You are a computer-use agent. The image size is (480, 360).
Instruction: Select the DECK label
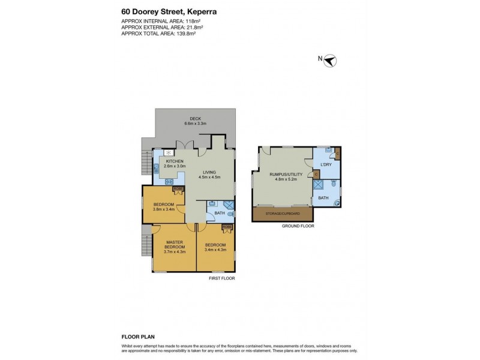point(195,118)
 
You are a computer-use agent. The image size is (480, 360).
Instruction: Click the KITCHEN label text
point(175,161)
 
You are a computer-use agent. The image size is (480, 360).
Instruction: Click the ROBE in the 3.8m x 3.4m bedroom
point(178,190)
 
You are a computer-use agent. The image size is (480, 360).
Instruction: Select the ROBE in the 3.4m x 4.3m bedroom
point(227,228)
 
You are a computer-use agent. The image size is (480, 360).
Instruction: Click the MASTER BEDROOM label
point(174,244)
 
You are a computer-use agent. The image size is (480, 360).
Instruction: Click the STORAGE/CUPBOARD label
point(283,213)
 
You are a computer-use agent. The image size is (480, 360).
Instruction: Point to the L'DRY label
point(326,164)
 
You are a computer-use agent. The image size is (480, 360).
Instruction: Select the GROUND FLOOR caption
point(298,226)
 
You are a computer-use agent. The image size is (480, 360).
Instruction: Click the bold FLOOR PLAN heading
point(139,337)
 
